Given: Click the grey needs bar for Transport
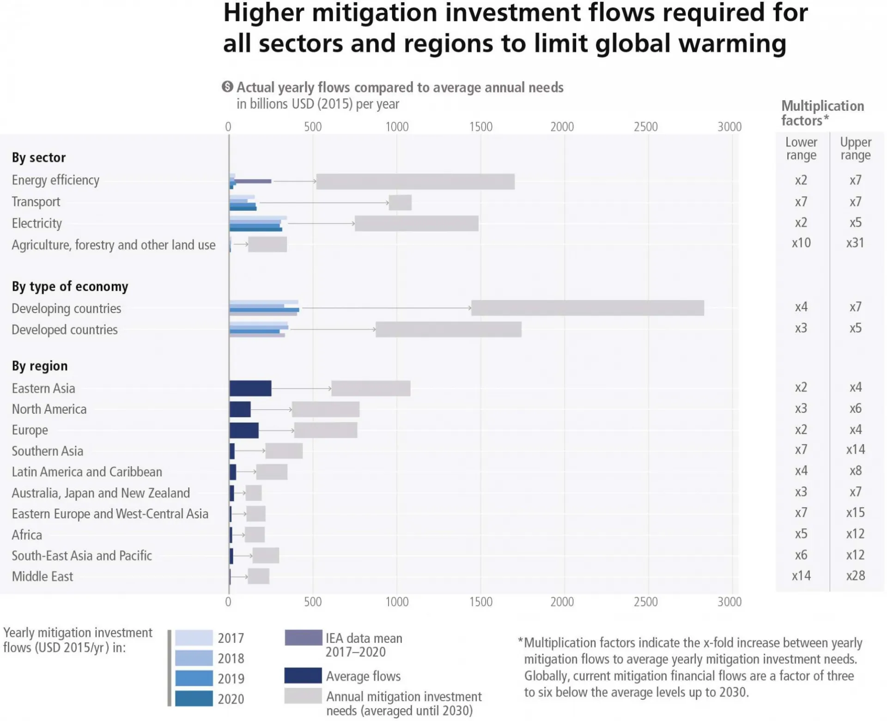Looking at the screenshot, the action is click(400, 202).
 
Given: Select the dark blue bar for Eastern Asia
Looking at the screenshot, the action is click(250, 388).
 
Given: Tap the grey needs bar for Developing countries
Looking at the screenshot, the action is click(588, 308).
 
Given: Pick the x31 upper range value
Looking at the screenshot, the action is click(855, 242).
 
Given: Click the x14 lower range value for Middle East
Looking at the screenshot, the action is click(801, 576).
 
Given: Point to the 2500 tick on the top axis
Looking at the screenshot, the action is click(646, 127).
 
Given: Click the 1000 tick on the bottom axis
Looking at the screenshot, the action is click(397, 601).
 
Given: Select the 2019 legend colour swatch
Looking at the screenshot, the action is click(194, 678).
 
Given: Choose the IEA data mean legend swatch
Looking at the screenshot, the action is click(304, 637).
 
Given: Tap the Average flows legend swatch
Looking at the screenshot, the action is click(304, 675).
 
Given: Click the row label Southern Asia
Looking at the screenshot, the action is click(48, 451).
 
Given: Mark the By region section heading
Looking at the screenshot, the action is click(40, 366).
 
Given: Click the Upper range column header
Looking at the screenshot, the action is click(856, 148).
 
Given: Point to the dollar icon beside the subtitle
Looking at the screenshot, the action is click(227, 86).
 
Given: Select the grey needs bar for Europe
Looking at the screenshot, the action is click(326, 430).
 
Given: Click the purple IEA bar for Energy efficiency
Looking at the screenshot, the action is click(253, 181).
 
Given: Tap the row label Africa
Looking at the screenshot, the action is click(27, 535).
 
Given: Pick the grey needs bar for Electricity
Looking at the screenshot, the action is click(417, 223).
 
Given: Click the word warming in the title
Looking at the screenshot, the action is click(733, 43).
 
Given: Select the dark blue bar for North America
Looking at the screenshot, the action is click(240, 409).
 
